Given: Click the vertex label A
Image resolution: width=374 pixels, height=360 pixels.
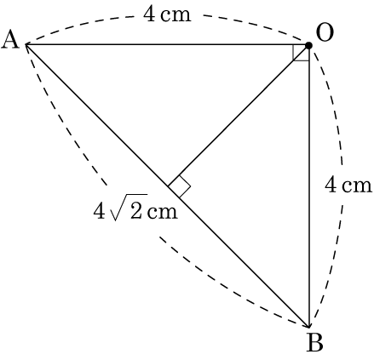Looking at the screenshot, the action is coord(10,40).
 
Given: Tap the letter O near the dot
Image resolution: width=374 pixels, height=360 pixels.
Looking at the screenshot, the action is coord(325,32).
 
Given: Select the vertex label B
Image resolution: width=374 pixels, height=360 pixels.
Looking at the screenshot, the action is coord(315,342).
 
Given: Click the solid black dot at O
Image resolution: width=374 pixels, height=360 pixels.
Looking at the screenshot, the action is coord(308,45).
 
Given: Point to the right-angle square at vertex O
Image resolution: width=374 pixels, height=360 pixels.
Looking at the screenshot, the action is coord(301,53).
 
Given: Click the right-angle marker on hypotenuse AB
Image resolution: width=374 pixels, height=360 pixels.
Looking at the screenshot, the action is coord(179,186).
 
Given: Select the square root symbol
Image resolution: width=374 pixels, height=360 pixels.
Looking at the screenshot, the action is coord(129,207).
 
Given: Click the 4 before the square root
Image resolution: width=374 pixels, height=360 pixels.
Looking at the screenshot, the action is coord(99,210).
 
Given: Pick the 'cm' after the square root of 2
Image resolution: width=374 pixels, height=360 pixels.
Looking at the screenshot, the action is coord(163,212).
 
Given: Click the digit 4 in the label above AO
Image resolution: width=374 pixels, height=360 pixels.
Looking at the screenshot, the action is coord(149,14).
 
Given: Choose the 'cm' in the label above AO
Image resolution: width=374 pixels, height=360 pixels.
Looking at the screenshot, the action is coord(175,15).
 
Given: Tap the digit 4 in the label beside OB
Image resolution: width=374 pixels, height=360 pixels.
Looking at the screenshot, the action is coord(331,185).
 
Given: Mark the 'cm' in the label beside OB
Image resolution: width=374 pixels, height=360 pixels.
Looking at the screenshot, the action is coord(357,186).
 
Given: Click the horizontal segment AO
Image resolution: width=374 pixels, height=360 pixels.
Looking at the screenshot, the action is coord(167,44).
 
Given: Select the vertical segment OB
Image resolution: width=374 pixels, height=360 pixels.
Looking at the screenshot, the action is coord(308,186).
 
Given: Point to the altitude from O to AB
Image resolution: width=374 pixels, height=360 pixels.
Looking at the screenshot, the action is coord(239,116).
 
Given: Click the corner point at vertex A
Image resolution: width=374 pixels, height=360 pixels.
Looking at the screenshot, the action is coord(26,44).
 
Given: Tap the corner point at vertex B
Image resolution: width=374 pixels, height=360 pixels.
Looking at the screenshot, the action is coord(308,327).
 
